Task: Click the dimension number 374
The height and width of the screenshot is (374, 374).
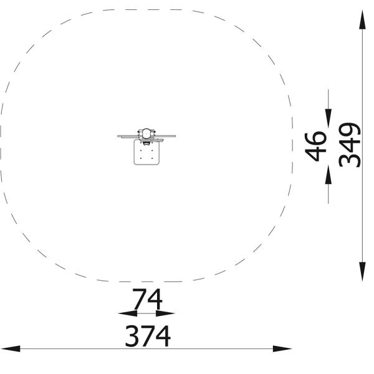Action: coord(148,336)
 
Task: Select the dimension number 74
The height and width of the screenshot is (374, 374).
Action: coord(147,299)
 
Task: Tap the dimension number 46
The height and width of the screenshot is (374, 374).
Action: coord(315,147)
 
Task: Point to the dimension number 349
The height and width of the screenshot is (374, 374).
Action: coord(350,145)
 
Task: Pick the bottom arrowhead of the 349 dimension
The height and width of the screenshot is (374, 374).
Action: coord(362,271)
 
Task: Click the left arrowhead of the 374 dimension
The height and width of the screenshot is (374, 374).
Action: coord(11,348)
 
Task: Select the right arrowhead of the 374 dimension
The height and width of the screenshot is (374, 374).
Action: coord(282,348)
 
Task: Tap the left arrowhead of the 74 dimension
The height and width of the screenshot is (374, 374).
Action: coord(128,313)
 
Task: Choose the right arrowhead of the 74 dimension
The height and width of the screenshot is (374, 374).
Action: coord(165,313)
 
